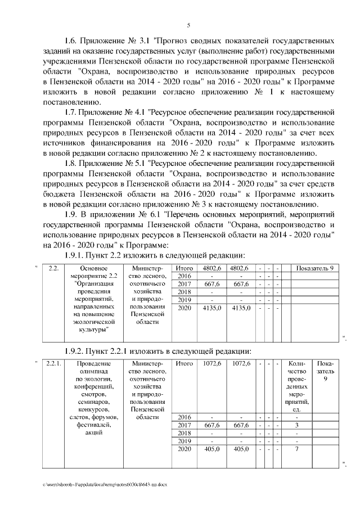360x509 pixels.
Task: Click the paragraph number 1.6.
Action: (71, 41)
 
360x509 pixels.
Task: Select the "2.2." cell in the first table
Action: (54, 268)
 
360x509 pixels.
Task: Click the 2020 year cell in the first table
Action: (184, 308)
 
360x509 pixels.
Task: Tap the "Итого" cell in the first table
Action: (184, 268)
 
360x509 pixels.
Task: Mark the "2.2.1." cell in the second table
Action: (54, 364)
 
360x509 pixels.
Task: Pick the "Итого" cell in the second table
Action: (184, 364)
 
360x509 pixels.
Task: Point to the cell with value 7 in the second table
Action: (296, 449)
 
